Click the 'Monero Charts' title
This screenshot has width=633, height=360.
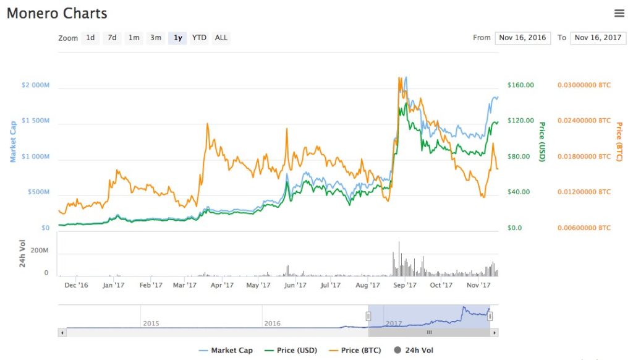(x=57, y=13)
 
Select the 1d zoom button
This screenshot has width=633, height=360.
(x=90, y=38)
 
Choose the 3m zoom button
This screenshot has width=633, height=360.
(x=155, y=38)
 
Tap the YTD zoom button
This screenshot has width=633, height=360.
(x=199, y=38)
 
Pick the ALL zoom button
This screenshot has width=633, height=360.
(x=221, y=38)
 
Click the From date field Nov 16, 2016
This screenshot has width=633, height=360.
(x=522, y=38)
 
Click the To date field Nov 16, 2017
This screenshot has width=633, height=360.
(x=598, y=38)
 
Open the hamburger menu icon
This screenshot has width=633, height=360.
(x=619, y=13)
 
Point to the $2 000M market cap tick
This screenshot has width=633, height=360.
(x=35, y=85)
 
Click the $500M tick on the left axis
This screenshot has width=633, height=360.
(x=39, y=192)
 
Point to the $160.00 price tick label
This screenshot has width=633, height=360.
(x=520, y=85)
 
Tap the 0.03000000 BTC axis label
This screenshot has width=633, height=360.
(x=584, y=85)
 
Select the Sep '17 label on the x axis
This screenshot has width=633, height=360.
(x=404, y=285)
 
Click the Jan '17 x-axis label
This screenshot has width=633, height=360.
(x=114, y=285)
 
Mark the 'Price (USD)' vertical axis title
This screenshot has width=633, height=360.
(x=542, y=141)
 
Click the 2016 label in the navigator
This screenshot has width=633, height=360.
(x=272, y=324)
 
